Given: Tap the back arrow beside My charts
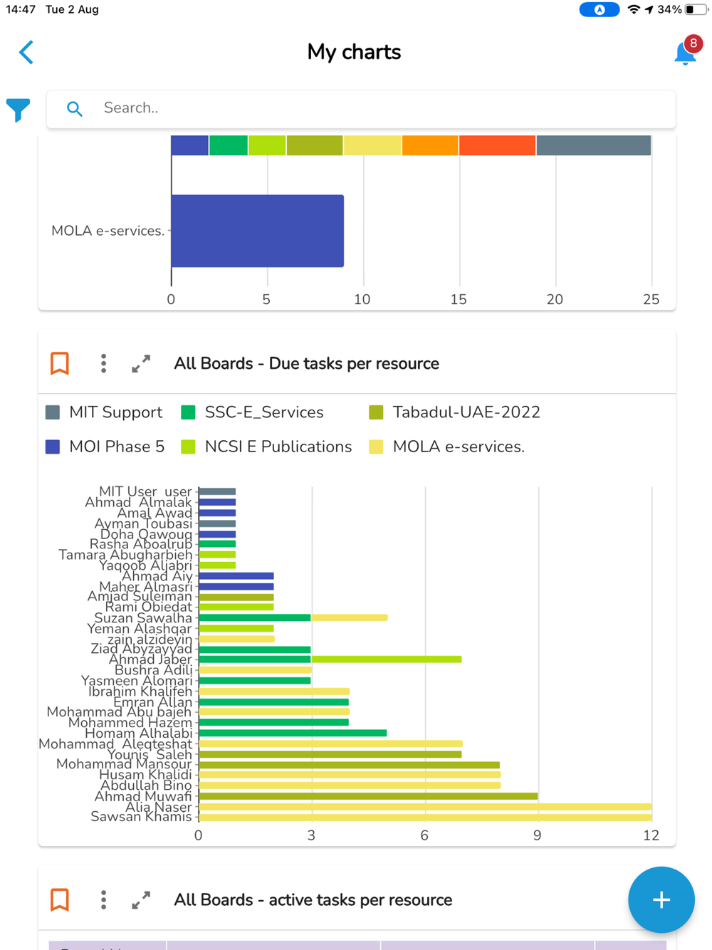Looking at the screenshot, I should coord(26,52).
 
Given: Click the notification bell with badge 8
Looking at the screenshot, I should coord(685,53).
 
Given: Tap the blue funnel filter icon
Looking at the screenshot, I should coord(19,110).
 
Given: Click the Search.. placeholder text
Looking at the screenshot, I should coord(131,108).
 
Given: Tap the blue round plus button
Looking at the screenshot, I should coord(661,899).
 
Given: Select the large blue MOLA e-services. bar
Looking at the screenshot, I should coord(257,231).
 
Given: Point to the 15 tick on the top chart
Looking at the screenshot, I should coord(459,300).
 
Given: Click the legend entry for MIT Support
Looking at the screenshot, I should coord(104,412).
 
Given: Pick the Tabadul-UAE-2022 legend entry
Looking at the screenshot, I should coord(454,412).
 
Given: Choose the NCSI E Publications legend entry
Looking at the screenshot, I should coord(266,447).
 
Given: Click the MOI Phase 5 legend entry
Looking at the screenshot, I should coord(105,447).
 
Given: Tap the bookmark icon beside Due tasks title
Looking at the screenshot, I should coord(60,363).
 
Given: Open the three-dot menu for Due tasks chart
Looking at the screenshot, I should coord(104,363).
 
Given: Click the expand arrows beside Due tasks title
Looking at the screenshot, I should coord(141,363).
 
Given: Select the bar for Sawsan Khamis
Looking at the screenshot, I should coord(425,818).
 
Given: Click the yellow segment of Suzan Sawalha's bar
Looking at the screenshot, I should coord(350,617).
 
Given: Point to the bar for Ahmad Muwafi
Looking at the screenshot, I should coord(368,796).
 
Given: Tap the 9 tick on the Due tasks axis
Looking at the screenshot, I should coord(538,835).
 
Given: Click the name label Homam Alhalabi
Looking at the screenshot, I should coord(139,734).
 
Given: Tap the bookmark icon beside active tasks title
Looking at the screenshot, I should coord(60,899).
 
